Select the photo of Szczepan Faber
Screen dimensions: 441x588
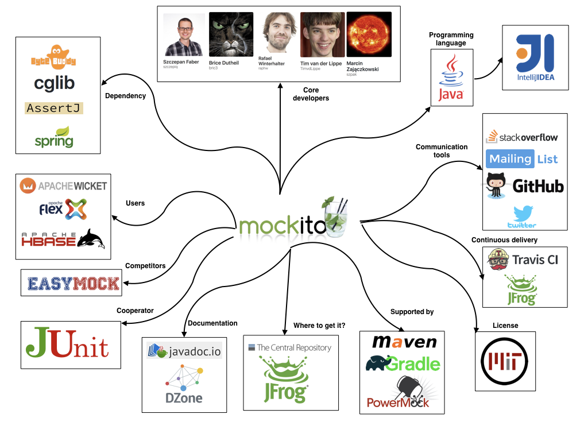(184, 35)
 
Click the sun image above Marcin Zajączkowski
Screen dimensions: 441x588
(369, 34)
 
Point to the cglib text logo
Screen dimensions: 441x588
(54, 83)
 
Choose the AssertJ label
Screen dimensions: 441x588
(54, 108)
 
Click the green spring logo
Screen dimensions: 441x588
(54, 137)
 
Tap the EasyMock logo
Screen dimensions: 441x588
(73, 283)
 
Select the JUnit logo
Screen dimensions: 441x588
(67, 345)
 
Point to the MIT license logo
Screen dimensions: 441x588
(505, 361)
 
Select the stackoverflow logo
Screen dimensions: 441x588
(522, 137)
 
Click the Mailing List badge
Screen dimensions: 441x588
(522, 158)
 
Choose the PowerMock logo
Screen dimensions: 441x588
(401, 394)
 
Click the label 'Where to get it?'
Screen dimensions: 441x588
(319, 326)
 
